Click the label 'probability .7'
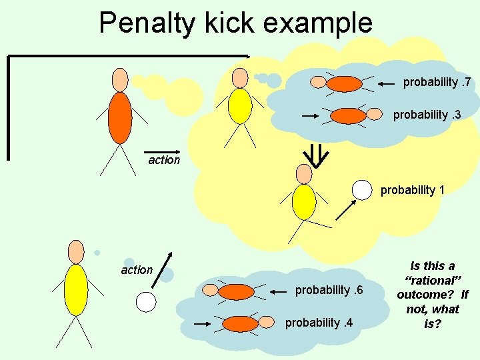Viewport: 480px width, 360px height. (x=437, y=83)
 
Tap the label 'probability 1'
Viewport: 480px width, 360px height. (x=413, y=190)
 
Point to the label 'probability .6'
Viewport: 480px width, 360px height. (x=329, y=290)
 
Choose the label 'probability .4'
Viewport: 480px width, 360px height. (x=319, y=323)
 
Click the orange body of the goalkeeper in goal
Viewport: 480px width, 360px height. (x=120, y=117)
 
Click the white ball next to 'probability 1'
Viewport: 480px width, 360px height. (x=361, y=190)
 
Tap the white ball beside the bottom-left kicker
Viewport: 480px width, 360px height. (x=146, y=302)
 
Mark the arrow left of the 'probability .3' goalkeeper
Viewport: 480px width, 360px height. (x=311, y=116)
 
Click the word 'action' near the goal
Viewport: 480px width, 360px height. (x=164, y=160)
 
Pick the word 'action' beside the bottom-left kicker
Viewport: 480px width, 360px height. (x=137, y=270)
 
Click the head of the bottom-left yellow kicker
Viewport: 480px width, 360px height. (x=77, y=251)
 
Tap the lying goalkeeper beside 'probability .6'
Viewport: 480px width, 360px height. (x=236, y=291)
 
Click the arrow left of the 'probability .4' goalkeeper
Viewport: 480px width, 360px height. (x=203, y=323)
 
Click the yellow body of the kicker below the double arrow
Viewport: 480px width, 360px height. (x=304, y=201)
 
